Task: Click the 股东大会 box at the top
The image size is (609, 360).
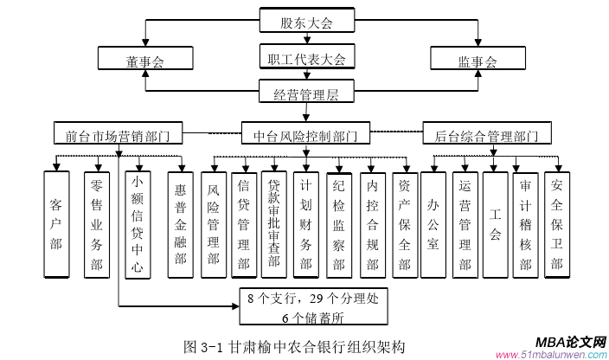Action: [305, 22]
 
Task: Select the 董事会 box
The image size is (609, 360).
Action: [144, 61]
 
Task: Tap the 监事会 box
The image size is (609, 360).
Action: [477, 61]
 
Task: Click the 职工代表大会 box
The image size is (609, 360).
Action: [305, 59]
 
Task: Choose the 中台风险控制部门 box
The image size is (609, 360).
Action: [305, 136]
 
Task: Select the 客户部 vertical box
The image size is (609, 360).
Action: [56, 224]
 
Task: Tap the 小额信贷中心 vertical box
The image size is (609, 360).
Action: [137, 224]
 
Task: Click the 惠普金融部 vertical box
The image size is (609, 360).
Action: [180, 224]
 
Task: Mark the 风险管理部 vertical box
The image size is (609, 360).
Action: [214, 224]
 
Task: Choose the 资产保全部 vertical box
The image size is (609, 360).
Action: [403, 223]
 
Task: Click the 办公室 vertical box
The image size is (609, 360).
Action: [433, 224]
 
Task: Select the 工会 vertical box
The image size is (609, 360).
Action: [495, 224]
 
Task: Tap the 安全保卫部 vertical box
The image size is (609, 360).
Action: [556, 224]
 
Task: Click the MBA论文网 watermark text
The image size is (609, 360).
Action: [564, 340]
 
